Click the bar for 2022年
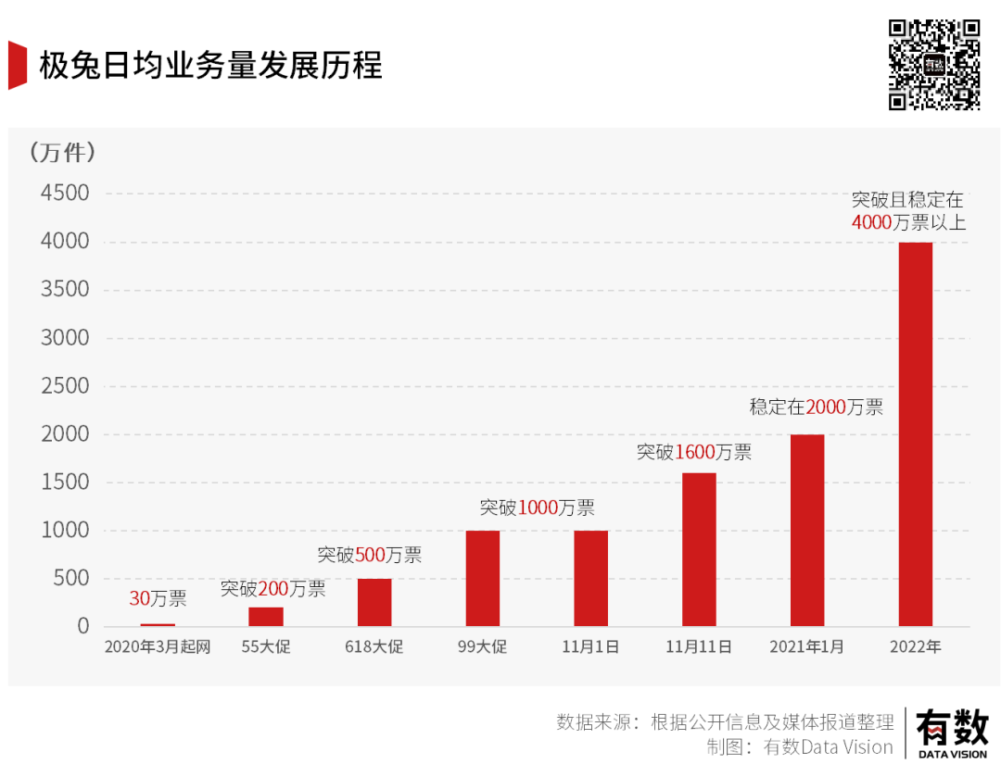[916, 434]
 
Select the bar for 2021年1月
[807, 531]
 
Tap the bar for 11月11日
[699, 550]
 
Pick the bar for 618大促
[374, 603]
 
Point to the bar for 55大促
[266, 617]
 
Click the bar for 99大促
[483, 579]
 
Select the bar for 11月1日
[590, 579]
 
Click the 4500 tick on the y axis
[65, 194]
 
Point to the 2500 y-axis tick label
[65, 386]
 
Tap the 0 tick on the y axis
[83, 627]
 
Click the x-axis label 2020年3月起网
[158, 647]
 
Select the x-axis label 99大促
[483, 647]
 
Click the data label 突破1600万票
[693, 453]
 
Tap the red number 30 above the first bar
[139, 599]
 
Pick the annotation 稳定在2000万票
[816, 407]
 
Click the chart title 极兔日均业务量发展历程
[210, 67]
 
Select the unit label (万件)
[62, 152]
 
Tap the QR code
[934, 64]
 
